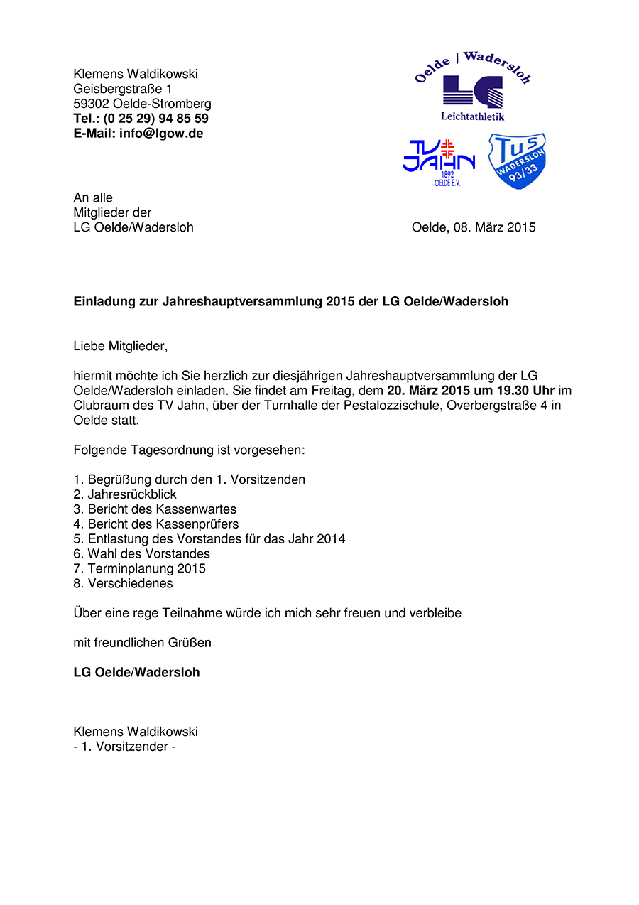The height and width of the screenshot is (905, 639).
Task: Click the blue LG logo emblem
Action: pyautogui.click(x=472, y=92)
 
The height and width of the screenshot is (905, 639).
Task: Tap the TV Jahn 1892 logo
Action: pyautogui.click(x=439, y=163)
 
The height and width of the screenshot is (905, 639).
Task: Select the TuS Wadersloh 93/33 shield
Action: pyautogui.click(x=517, y=161)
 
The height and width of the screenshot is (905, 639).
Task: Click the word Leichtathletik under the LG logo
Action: pyautogui.click(x=472, y=116)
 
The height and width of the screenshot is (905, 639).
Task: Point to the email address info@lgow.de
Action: pyautogui.click(x=161, y=134)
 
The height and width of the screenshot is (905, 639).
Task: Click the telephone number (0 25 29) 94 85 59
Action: pyautogui.click(x=156, y=119)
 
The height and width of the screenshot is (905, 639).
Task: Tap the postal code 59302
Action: pyautogui.click(x=91, y=104)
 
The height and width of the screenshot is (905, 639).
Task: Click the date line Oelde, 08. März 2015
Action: pyautogui.click(x=474, y=227)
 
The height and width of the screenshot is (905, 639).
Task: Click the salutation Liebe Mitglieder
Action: pyautogui.click(x=121, y=347)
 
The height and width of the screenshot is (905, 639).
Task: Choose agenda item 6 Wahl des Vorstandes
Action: pyautogui.click(x=149, y=553)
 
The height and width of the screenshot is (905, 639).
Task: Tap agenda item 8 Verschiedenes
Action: pyautogui.click(x=130, y=583)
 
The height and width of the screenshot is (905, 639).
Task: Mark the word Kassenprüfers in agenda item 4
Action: pyautogui.click(x=202, y=524)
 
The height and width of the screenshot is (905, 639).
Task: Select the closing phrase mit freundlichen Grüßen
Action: pyautogui.click(x=143, y=643)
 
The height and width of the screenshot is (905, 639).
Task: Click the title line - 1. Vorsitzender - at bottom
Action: pyautogui.click(x=124, y=747)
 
